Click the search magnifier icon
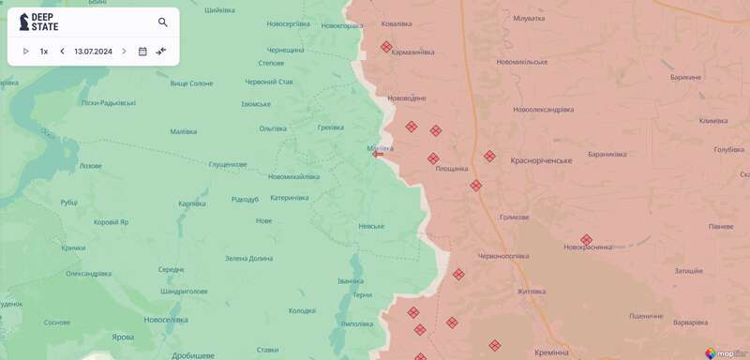[x=163, y=22]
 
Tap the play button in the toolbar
[x=26, y=52]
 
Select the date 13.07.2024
[x=93, y=52]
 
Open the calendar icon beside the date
[x=142, y=52]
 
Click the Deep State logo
[x=38, y=22]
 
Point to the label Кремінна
[x=547, y=352]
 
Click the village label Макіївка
[x=380, y=147]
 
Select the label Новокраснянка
[x=588, y=247]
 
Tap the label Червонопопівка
[x=503, y=256]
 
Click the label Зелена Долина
[x=248, y=258]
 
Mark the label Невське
[x=371, y=226]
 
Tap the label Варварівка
[x=690, y=322]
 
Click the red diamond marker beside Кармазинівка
[x=386, y=47]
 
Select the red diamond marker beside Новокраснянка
[x=586, y=240]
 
